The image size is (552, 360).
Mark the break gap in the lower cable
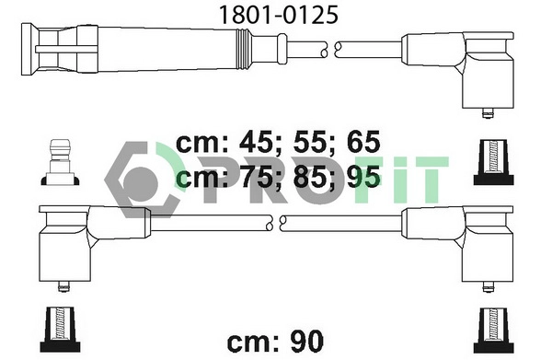tap(278, 221)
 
